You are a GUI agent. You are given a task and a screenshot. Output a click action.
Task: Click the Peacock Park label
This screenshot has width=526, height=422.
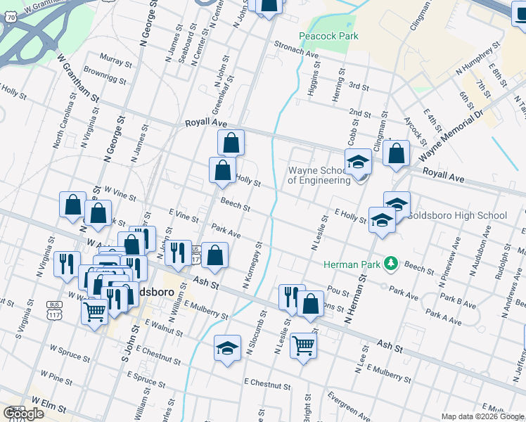click(x=328, y=36)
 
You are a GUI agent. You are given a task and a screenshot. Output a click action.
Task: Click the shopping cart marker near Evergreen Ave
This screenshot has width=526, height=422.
click(x=303, y=344)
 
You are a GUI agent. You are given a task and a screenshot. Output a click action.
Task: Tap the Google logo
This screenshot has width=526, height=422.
click(x=23, y=414)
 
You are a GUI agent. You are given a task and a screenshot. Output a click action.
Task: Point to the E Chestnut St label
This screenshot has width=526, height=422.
click(x=267, y=385)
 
